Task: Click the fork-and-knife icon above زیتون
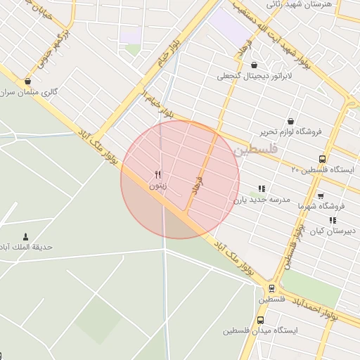pyautogui.click(x=158, y=175)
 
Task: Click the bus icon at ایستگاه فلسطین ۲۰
pyautogui.click(x=322, y=159)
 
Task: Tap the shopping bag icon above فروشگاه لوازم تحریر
pyautogui.click(x=291, y=120)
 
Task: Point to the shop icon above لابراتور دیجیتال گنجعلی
pyautogui.click(x=254, y=65)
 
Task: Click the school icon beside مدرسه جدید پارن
pyautogui.click(x=262, y=188)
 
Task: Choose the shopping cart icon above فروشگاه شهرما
pyautogui.click(x=321, y=195)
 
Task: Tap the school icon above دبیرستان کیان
pyautogui.click(x=333, y=220)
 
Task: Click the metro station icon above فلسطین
pyautogui.click(x=271, y=288)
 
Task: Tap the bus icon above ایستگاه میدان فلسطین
pyautogui.click(x=261, y=319)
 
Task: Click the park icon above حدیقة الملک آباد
pyautogui.click(x=26, y=236)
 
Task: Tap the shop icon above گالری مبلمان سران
pyautogui.click(x=27, y=82)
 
